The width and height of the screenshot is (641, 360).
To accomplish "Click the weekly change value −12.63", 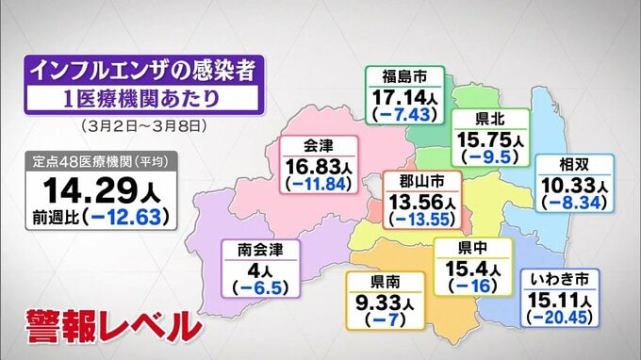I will [x=125, y=216].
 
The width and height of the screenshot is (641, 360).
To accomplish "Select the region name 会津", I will [x=318, y=146].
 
